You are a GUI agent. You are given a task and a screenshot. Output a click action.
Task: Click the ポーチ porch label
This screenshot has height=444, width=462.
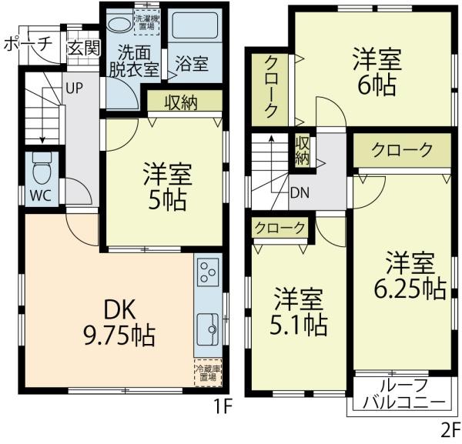click(26, 45)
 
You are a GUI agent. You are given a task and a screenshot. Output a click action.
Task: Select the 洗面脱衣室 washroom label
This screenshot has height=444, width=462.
click(138, 62)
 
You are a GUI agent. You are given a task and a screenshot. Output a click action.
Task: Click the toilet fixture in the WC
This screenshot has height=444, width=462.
click(41, 166)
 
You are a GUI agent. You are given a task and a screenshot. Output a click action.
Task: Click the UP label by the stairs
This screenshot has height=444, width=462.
click(74, 87)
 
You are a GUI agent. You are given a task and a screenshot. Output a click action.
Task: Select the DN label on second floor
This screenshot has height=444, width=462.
click(300, 194)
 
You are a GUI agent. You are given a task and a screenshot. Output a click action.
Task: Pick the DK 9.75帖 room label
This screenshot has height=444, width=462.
click(119, 323)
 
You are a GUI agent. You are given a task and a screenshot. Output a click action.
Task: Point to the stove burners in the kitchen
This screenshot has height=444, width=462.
click(208, 272)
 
